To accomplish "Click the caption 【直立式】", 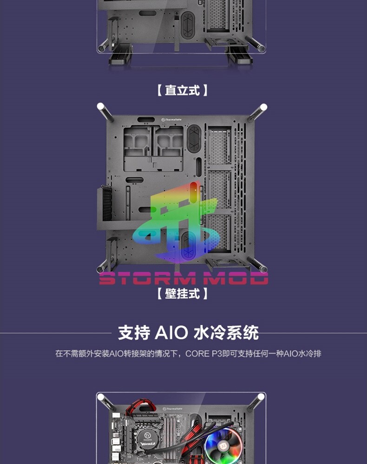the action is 182,90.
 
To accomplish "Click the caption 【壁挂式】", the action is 182,294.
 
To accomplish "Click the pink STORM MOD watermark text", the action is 183,278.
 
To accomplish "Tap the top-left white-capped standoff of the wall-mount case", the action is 101,108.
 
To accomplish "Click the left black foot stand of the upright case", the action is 120,58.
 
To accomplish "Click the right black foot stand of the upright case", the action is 240,58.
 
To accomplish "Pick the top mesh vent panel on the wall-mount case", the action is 219,146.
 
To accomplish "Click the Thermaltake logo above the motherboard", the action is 171,409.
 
